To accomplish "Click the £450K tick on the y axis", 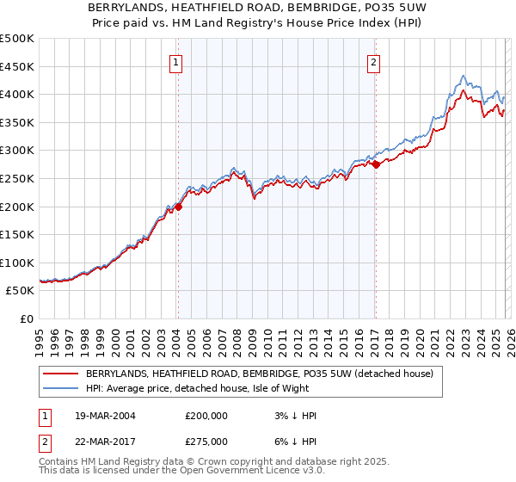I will (17, 66).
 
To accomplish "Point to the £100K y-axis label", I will (17, 263).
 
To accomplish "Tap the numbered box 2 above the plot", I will (374, 61).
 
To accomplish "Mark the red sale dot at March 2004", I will (178, 207).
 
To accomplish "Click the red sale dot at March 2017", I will (376, 164).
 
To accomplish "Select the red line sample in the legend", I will (60, 374).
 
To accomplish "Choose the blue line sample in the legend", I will (60, 388).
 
